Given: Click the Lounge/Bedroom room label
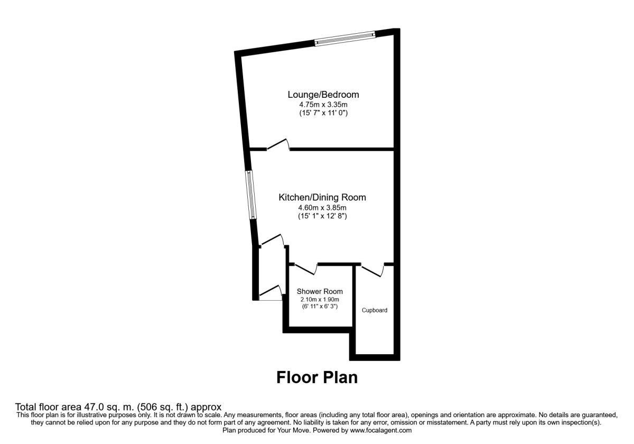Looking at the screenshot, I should [323, 95].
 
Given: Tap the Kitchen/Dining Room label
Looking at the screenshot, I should [322, 197].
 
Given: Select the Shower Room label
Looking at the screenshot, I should [320, 291].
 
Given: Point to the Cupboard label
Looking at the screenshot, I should [375, 310].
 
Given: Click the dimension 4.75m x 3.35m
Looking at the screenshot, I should [323, 104].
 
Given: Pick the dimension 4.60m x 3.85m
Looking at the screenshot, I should [322, 207].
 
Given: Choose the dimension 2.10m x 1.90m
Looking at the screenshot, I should [320, 300].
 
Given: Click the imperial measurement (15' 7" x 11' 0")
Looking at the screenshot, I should [323, 113].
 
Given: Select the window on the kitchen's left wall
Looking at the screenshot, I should [251, 195].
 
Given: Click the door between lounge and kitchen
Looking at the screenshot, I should [278, 145].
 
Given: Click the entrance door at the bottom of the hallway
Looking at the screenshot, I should [271, 294].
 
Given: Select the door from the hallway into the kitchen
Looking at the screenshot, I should [272, 240].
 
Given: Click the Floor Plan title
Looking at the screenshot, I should [317, 377].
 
